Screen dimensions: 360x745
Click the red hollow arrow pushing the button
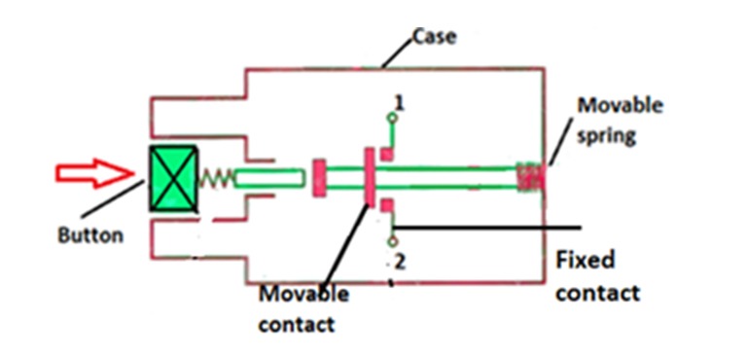point(92,175)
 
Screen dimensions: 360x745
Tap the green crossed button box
point(173,178)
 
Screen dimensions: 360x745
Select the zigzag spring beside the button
point(216,179)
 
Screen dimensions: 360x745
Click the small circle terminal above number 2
point(391,240)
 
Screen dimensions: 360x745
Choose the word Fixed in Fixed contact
point(585,261)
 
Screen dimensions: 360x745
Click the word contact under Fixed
point(597,292)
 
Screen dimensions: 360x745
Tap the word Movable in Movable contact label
point(303,294)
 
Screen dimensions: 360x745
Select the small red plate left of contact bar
point(318,178)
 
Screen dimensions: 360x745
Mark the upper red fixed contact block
point(386,152)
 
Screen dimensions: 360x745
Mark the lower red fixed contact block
point(386,205)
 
